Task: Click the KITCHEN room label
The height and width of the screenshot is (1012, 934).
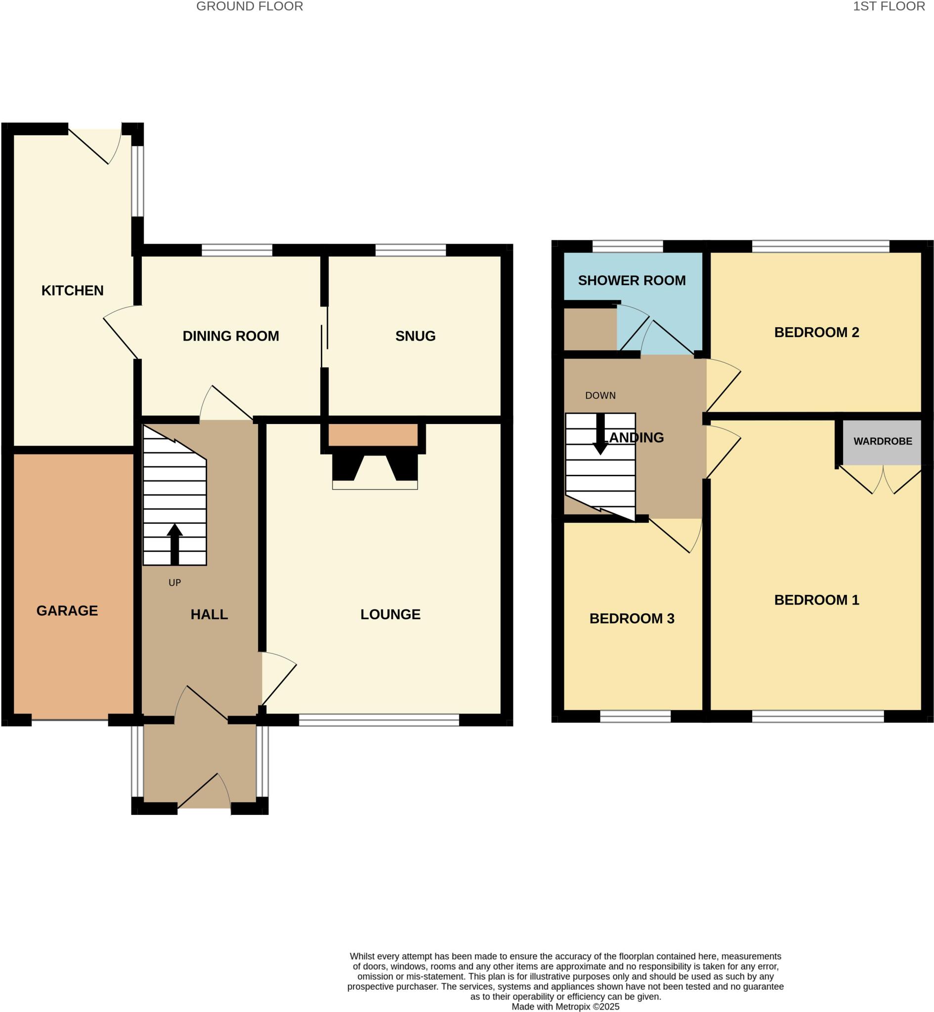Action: (x=72, y=291)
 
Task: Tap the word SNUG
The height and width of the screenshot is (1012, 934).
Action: (x=415, y=336)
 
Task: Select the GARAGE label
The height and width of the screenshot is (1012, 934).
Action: (x=67, y=610)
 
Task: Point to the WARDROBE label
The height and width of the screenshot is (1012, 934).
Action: (x=883, y=441)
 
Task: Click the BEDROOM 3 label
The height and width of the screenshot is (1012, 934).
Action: (x=631, y=618)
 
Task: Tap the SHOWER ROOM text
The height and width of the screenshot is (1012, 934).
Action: (x=631, y=280)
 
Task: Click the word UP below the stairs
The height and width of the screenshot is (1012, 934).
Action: (x=174, y=583)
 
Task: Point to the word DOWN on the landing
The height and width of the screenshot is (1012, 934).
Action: (x=600, y=396)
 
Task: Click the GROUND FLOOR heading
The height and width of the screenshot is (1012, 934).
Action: (x=250, y=6)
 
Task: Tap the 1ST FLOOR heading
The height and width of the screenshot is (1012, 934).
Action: (x=889, y=6)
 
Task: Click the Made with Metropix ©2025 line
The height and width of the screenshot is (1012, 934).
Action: (x=565, y=1006)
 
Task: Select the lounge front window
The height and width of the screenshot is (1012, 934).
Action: (x=379, y=719)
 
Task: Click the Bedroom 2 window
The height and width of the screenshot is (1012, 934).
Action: (x=820, y=247)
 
